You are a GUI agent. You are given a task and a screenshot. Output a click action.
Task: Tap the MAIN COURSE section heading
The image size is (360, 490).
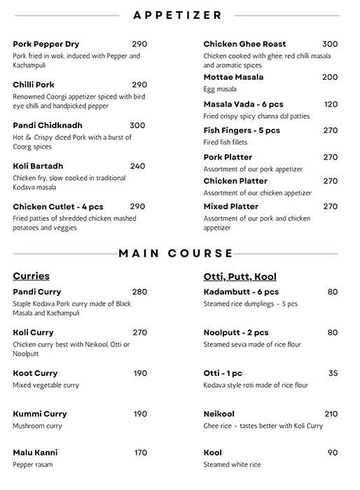point(176,253)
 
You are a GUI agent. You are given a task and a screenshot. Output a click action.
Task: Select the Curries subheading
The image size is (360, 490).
point(31,276)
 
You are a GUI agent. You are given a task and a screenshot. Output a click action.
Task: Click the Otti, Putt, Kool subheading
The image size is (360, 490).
point(240,276)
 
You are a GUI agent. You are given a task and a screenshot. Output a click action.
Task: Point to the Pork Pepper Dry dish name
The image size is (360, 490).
point(46,44)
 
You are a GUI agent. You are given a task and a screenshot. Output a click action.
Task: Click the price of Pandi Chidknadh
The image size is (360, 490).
point(137,125)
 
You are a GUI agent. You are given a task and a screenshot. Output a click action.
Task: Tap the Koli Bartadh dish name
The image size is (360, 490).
point(38,166)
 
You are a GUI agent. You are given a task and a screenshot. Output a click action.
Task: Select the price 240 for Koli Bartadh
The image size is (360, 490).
point(137,166)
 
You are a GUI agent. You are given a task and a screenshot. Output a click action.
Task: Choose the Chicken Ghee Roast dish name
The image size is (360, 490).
point(244,44)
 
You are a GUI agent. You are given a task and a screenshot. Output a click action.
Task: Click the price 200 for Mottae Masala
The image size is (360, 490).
point(329,77)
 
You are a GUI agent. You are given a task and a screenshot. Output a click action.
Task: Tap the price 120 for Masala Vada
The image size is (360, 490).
point(331,104)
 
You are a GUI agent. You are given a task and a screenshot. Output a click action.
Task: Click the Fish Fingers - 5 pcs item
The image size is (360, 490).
point(242,130)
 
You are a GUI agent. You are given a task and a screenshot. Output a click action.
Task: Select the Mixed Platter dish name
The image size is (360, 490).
point(231,206)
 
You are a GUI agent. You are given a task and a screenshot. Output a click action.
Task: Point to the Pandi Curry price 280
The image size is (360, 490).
point(139,292)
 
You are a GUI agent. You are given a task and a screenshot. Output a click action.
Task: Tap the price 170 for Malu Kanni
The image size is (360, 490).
point(140,453)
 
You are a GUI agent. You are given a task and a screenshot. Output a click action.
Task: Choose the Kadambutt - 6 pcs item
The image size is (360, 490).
point(241,292)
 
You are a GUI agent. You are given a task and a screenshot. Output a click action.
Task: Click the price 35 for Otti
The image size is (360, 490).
point(333,373)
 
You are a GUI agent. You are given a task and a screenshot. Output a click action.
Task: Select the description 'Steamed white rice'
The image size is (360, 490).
point(232,465)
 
